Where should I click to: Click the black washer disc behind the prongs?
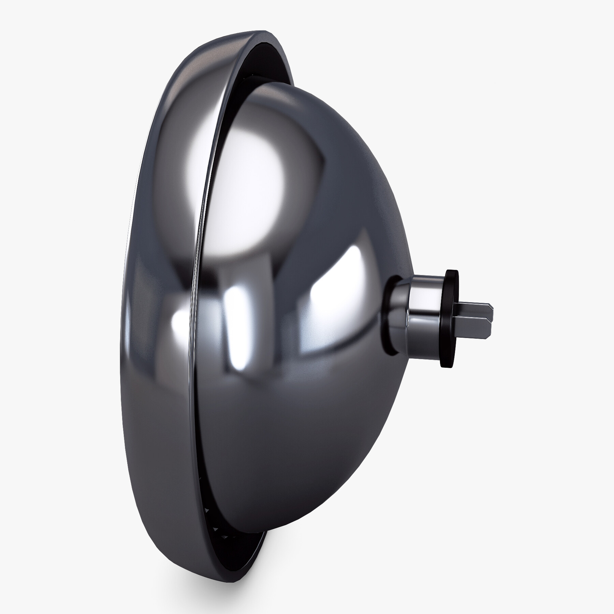tap(450, 319)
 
